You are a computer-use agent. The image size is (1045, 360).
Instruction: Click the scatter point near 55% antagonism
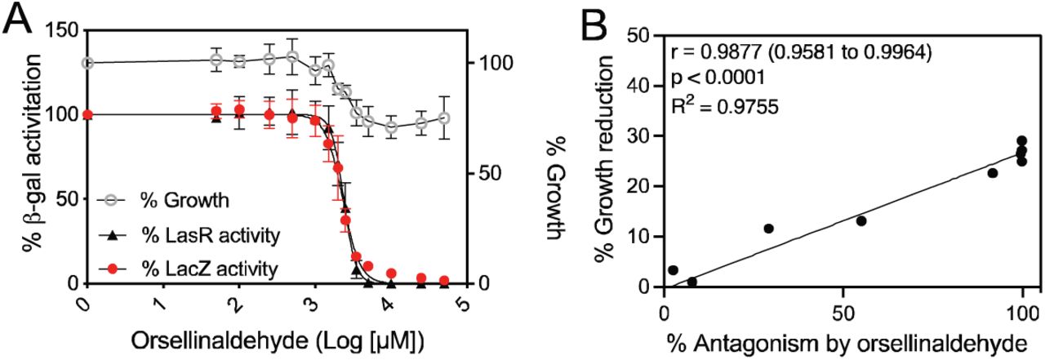(x=861, y=220)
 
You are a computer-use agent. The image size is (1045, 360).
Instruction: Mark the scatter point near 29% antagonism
(x=769, y=229)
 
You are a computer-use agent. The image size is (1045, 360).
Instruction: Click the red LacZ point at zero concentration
(x=87, y=114)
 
